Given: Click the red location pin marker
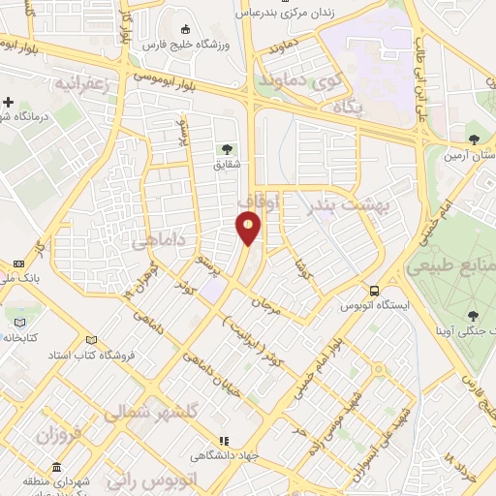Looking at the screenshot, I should [249, 229].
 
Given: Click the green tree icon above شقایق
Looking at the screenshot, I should [226, 148].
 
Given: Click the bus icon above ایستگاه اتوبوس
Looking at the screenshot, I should [374, 291].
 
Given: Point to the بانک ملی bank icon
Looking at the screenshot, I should [18, 263].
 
